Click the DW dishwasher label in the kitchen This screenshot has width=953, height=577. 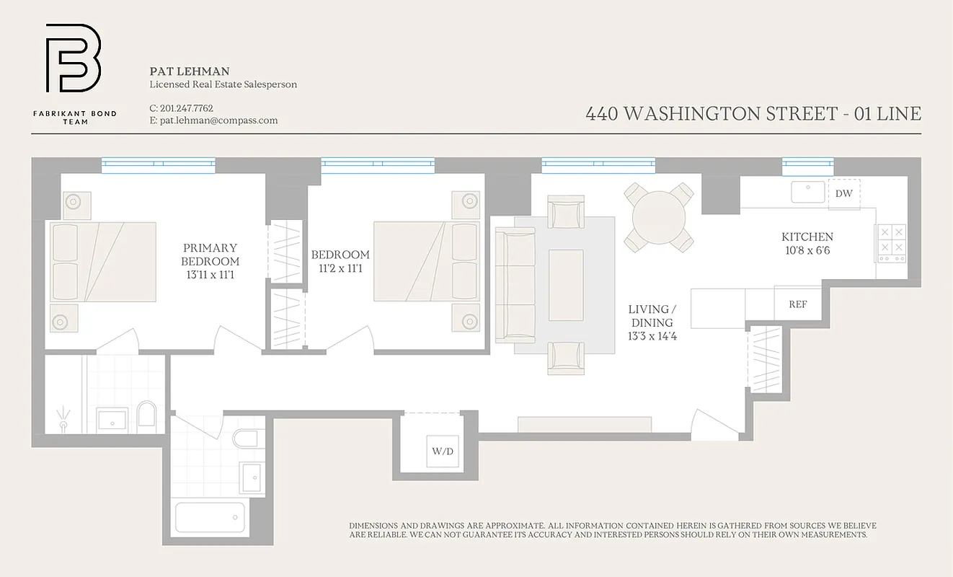click(843, 193)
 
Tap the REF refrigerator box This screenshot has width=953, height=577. click(797, 304)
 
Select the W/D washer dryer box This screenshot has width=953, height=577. click(442, 452)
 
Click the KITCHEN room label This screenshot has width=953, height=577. click(807, 237)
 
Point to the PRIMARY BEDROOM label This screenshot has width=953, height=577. click(210, 255)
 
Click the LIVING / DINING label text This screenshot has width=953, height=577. click(652, 316)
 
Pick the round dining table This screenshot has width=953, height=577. click(659, 216)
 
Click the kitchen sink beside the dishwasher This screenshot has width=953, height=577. click(808, 192)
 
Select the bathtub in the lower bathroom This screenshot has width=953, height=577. click(209, 517)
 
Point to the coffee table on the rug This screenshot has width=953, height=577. click(566, 275)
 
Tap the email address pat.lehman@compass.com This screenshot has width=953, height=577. click(213, 120)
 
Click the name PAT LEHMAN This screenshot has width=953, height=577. click(190, 71)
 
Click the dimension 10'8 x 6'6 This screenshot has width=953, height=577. click(807, 251)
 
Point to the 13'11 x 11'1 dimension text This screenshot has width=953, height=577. click(210, 275)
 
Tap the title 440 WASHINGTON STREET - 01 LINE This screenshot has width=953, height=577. click(753, 114)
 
